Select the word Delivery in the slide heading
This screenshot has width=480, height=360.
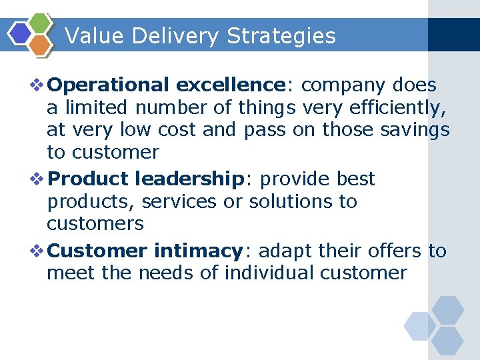click(175, 36)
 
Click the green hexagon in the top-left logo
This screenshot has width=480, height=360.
click(41, 24)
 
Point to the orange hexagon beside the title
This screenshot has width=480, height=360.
click(41, 45)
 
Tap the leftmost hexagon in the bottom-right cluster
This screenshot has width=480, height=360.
click(420, 327)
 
